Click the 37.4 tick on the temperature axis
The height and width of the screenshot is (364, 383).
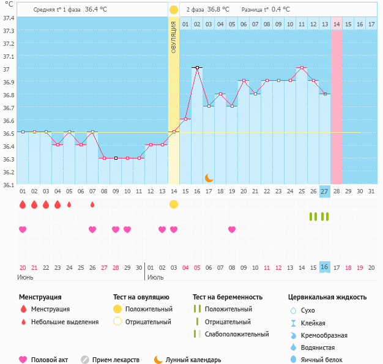[9, 18]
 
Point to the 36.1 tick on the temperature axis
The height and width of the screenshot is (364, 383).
[9, 184]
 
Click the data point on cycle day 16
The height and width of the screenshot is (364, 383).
[197, 67]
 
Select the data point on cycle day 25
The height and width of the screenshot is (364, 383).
[302, 67]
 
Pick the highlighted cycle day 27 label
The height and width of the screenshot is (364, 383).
[325, 191]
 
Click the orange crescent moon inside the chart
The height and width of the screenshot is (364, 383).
[209, 177]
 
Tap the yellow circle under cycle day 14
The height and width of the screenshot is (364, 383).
[174, 204]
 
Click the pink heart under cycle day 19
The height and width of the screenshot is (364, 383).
[232, 229]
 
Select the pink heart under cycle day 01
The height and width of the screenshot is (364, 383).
[23, 229]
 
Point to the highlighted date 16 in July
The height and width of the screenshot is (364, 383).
[325, 267]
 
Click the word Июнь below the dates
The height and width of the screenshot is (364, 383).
[25, 277]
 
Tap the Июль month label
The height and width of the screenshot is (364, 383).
[155, 277]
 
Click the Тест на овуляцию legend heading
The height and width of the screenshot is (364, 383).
[142, 297]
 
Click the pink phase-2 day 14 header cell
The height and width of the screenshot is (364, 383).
[337, 24]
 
